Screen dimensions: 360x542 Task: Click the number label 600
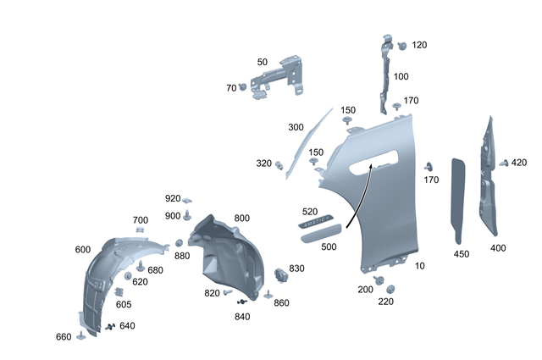(x=82, y=249)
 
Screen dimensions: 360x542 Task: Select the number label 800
(x=241, y=219)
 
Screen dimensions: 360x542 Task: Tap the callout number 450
(x=461, y=253)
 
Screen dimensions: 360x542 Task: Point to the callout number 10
(x=422, y=266)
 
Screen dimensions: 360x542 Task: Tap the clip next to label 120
(x=401, y=44)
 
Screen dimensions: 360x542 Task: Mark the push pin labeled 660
(x=80, y=335)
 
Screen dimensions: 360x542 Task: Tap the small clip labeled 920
(x=188, y=202)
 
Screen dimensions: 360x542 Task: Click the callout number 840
(x=242, y=317)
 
